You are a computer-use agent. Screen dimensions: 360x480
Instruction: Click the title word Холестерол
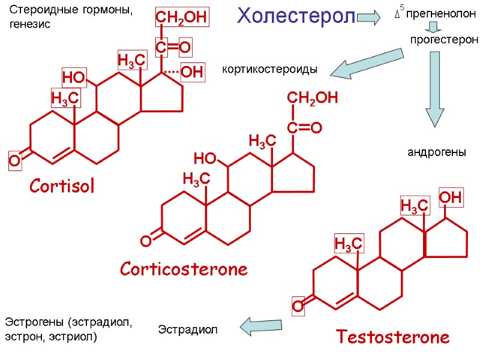point(296,16)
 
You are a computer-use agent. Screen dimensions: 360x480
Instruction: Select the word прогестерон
point(444,40)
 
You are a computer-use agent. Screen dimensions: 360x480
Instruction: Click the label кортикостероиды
point(269,70)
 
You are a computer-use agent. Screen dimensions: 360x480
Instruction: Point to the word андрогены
point(437,153)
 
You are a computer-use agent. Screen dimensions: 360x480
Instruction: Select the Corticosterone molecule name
point(184,269)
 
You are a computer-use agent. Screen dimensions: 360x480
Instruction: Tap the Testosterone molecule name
point(393,337)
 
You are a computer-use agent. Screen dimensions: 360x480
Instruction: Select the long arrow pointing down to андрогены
point(435,89)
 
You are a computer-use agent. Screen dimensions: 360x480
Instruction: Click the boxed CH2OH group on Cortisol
point(182,19)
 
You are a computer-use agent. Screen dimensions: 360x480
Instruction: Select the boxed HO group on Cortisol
point(74,77)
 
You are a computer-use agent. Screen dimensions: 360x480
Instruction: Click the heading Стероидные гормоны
point(71,11)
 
